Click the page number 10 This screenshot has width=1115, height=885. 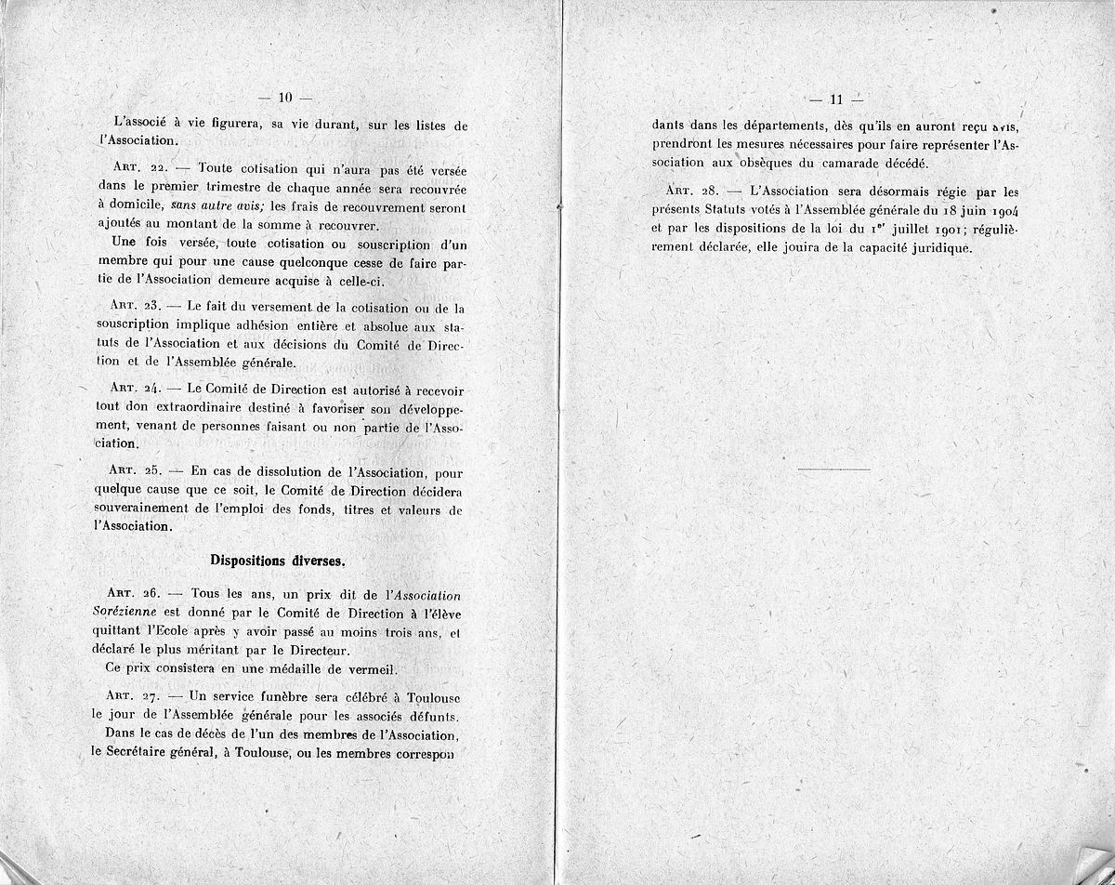[285, 98]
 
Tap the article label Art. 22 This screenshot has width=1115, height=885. [137, 172]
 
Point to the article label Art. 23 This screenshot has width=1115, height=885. [137, 309]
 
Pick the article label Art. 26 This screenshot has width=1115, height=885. [137, 593]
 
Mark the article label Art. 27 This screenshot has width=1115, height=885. [137, 696]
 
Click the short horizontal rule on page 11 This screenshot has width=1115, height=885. [833, 469]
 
